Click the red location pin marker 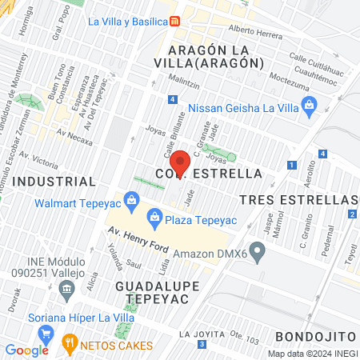(181, 162)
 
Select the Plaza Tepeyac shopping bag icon (154, 215)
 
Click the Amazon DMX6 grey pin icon (257, 253)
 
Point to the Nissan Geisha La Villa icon (310, 105)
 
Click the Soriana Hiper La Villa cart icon (47, 334)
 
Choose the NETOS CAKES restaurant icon (70, 346)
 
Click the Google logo (26, 350)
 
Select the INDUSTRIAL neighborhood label (56, 182)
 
